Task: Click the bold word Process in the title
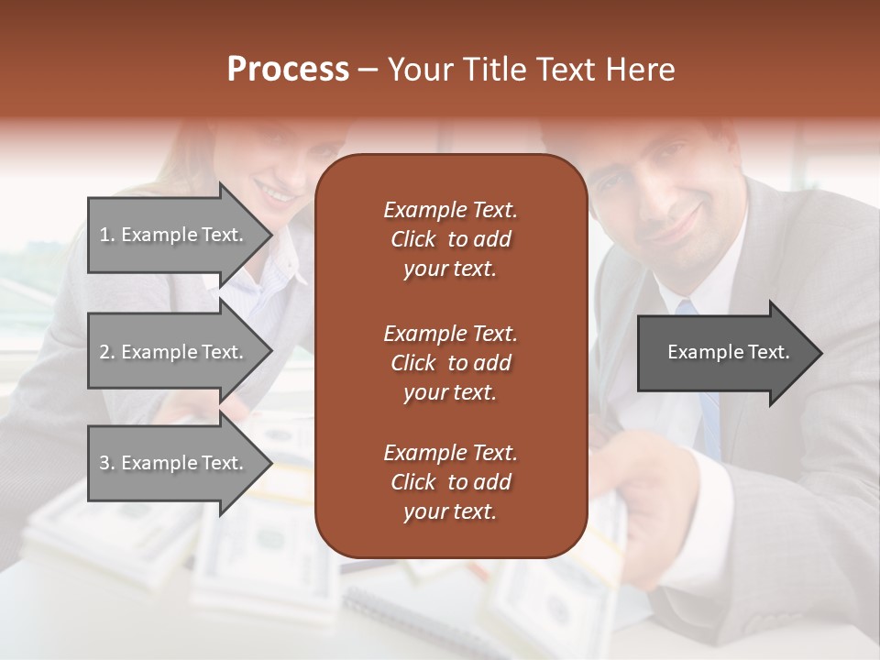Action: [x=288, y=70]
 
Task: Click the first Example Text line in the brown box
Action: [x=450, y=210]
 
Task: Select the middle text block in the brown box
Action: [x=450, y=362]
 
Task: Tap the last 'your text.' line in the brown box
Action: [x=450, y=512]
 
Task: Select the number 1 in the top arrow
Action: [x=104, y=235]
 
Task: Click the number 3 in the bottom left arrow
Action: [x=104, y=463]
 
